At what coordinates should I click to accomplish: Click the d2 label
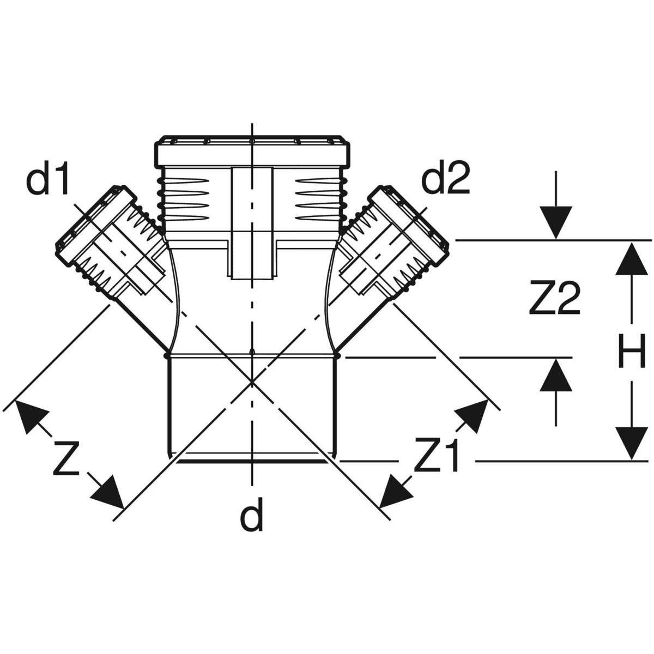[446, 181]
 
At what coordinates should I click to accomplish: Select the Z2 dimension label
[554, 299]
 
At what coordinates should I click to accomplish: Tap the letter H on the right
[632, 351]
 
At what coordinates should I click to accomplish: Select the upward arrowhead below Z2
[555, 374]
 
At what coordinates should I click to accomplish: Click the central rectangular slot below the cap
[252, 223]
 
